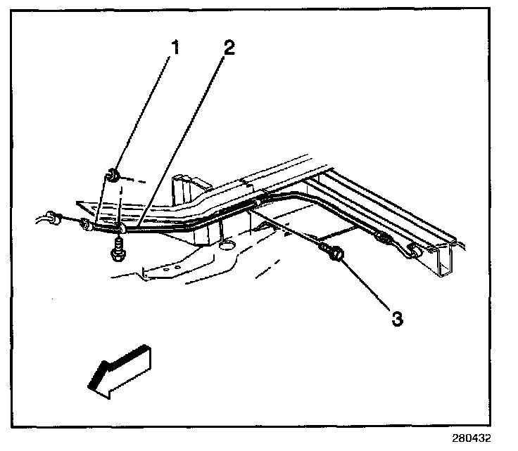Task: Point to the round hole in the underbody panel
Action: (226, 244)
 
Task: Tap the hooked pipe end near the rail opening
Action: (414, 249)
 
